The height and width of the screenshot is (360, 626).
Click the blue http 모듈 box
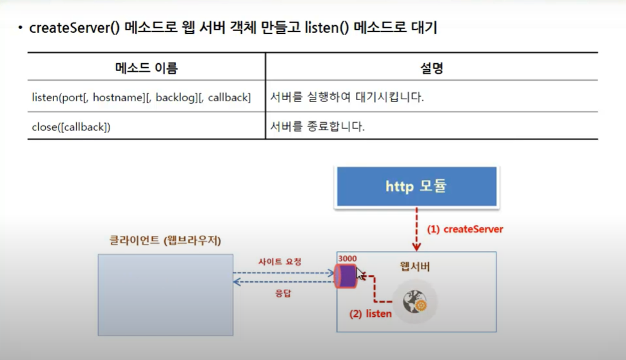pos(416,186)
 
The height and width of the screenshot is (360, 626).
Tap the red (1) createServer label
pos(465,229)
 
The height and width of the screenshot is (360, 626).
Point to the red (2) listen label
pos(370,314)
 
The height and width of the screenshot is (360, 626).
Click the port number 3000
pos(347,259)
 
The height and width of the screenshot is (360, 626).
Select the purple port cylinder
pos(347,276)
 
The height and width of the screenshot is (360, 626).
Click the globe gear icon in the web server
pos(415,302)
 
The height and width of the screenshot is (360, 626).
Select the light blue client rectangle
pos(165,294)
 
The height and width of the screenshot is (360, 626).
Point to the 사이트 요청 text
pos(279,261)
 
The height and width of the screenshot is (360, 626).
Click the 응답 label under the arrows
pos(279,293)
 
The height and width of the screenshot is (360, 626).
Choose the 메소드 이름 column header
pos(146,67)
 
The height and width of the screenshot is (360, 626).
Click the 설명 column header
pos(431,67)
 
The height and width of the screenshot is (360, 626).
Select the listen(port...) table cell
pos(141,97)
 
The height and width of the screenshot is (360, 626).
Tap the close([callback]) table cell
pos(71,127)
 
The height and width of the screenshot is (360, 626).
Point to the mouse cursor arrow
pos(360,272)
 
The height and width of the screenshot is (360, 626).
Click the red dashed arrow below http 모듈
pos(416,229)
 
